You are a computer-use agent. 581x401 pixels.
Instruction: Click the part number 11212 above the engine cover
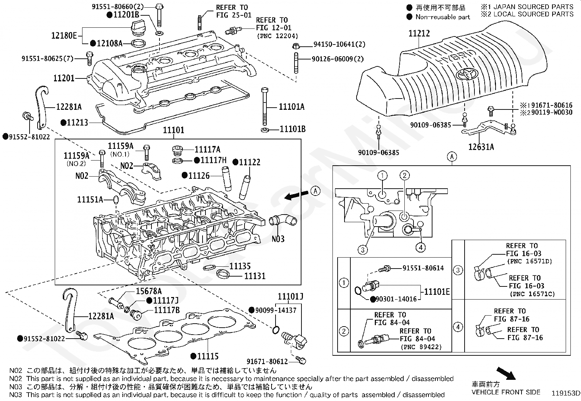[419, 33]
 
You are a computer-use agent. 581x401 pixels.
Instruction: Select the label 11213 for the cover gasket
[77, 123]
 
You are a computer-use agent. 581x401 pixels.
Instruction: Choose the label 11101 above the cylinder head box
[173, 130]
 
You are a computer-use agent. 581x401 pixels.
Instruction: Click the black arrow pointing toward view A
[296, 196]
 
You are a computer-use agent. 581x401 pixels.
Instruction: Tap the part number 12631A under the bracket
[481, 147]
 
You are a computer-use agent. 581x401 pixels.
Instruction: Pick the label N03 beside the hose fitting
[278, 239]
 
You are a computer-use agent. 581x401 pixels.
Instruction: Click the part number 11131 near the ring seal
[255, 276]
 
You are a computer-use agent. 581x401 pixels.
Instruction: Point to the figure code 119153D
[565, 393]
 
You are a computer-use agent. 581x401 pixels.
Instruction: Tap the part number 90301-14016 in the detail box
[396, 299]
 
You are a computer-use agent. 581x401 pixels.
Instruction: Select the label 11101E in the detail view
[436, 292]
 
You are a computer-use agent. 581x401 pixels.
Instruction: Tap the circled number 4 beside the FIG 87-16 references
[458, 327]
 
